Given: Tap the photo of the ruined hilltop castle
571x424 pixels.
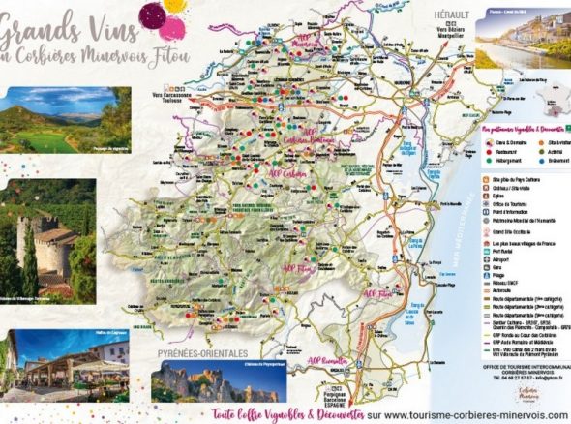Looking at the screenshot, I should pos(219,381).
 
